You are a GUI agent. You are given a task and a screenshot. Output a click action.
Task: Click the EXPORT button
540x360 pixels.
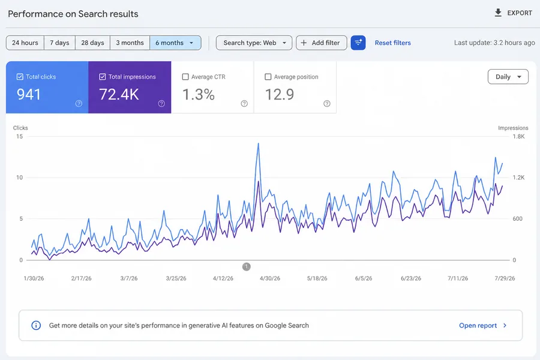[513, 13]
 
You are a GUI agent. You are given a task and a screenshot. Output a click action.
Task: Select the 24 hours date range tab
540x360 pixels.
[25, 43]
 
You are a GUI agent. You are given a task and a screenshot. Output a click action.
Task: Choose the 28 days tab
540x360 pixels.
[92, 43]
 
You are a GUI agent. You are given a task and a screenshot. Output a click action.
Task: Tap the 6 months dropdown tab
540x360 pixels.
[175, 43]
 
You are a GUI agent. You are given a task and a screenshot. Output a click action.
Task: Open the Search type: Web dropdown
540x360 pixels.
[254, 43]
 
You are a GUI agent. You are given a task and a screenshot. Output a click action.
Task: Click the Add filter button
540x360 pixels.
[322, 43]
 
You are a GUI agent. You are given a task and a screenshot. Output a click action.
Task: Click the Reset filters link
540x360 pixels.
[392, 43]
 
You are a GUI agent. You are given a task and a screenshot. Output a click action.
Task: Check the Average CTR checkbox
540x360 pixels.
[185, 77]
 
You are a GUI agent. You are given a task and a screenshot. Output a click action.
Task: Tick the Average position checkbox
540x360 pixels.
[268, 77]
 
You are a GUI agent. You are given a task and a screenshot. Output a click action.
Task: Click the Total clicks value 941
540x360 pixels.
[29, 94]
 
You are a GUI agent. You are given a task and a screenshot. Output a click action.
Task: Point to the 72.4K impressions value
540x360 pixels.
[119, 94]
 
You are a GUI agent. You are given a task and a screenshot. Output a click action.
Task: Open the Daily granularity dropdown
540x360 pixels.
[508, 77]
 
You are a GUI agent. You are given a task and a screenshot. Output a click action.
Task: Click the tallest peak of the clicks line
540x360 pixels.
[258, 143]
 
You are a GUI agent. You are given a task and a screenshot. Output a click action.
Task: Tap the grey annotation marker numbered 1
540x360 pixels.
[246, 266]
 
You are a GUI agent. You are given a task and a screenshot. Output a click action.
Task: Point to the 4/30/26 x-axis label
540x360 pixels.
[270, 278]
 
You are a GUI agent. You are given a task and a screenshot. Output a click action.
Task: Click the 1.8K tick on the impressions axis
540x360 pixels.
[518, 136]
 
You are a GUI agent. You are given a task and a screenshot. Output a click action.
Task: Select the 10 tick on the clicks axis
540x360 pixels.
[19, 178]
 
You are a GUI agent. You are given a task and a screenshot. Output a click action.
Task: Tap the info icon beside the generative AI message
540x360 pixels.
[36, 325]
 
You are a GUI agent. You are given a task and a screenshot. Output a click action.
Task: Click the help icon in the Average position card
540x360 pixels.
[327, 104]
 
